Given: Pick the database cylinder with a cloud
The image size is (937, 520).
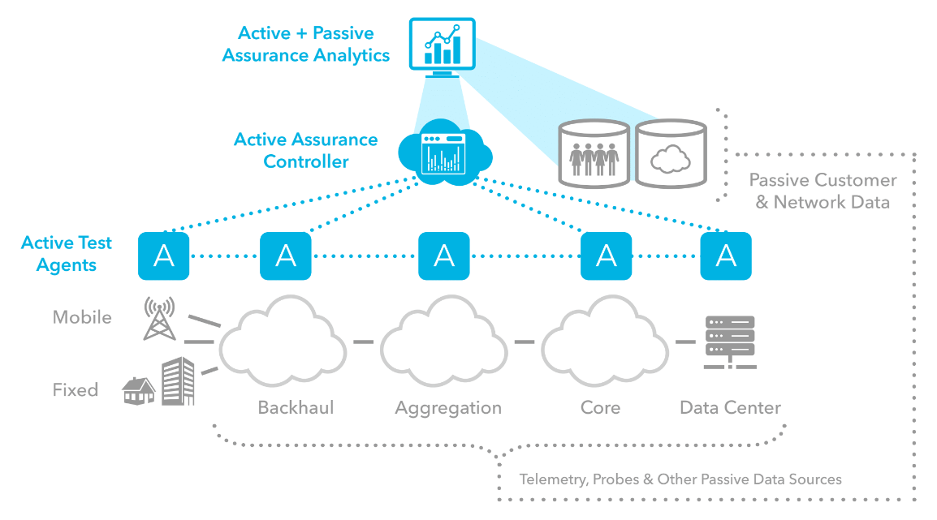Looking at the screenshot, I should (x=671, y=153).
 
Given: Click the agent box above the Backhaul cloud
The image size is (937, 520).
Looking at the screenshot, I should (x=286, y=256).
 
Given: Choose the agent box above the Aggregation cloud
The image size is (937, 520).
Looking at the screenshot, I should (x=444, y=256).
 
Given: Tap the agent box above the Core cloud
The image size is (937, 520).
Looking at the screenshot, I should (x=607, y=256).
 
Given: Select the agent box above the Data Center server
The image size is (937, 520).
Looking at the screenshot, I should (x=726, y=256).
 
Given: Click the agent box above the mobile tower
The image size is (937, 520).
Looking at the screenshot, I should (x=164, y=256).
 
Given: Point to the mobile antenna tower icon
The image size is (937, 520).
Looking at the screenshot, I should (x=158, y=318).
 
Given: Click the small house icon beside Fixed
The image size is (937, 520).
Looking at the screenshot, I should (x=139, y=390).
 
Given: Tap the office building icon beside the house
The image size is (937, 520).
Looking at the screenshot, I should (x=178, y=381).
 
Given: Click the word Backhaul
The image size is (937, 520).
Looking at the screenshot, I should (x=296, y=407).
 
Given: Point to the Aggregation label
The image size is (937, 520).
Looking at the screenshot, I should (x=448, y=407).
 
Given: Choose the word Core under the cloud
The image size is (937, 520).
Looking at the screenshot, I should (x=601, y=407).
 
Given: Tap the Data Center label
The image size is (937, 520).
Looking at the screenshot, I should (x=730, y=407).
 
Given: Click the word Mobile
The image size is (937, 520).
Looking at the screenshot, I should (x=82, y=317).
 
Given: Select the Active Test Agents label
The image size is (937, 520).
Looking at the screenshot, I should (x=67, y=254).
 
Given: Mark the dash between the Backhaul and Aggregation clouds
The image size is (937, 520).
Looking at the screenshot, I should (x=363, y=342).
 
